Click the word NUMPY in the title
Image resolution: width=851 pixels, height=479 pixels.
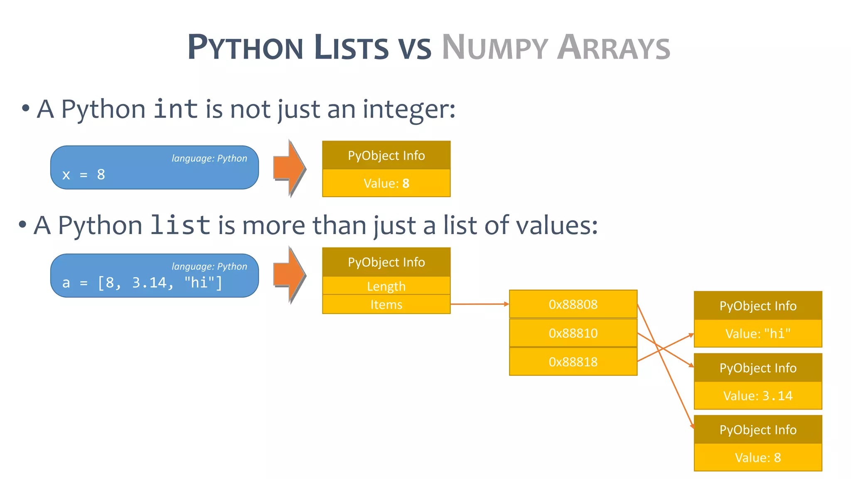coord(494,47)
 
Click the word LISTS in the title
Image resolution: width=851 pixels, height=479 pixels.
coord(351,47)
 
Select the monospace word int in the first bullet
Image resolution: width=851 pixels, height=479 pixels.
coord(175,109)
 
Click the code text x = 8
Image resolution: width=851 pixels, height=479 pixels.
coord(84,175)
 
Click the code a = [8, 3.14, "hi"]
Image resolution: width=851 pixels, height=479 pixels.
coord(142,283)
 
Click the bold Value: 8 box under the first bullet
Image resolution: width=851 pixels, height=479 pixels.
coord(386,183)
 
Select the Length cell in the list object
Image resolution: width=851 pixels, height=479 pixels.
coord(386,286)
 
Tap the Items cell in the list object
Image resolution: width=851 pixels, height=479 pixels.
coord(386,304)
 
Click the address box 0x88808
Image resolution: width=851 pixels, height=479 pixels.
coord(573,304)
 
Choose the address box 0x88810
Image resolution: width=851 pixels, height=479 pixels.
coord(573,333)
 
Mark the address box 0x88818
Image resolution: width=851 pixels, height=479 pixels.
coord(573,362)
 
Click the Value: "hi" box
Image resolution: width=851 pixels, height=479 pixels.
coord(758,333)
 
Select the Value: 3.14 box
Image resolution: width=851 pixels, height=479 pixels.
coord(758,395)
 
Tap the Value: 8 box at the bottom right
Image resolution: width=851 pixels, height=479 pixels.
coord(758,457)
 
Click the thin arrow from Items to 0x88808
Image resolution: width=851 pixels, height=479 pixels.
coord(480,304)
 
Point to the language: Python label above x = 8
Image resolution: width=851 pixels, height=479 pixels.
coord(209,158)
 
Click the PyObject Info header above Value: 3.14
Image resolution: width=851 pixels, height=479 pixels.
coord(758,368)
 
